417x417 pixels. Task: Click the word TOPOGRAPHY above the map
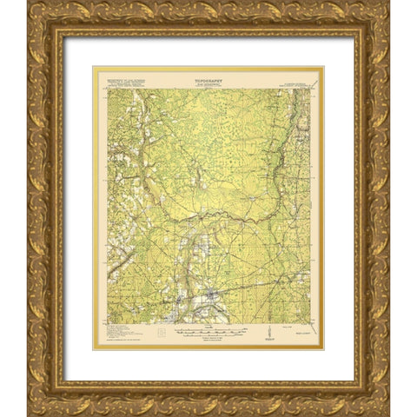pyautogui.click(x=208, y=76)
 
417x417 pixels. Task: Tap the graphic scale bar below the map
pyautogui.click(x=208, y=332)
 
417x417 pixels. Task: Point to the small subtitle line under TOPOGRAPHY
pyautogui.click(x=208, y=83)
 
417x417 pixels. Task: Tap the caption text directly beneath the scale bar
pyautogui.click(x=208, y=341)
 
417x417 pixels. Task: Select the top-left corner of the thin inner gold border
pyautogui.click(x=93, y=67)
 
